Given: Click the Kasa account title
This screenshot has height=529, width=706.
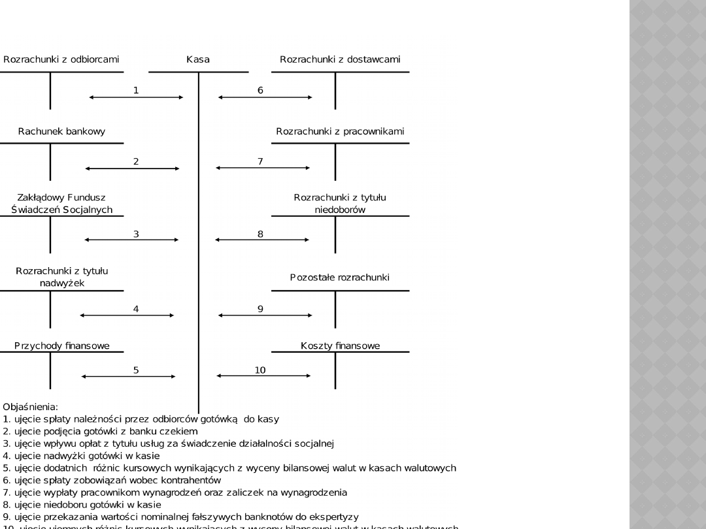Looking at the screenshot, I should coord(198,59).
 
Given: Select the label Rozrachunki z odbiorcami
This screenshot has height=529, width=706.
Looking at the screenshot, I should coord(61,59).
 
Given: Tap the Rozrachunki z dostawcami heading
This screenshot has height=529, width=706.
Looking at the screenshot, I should coord(340,59).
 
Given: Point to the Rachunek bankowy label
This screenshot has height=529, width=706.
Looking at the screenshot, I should coord(61,131).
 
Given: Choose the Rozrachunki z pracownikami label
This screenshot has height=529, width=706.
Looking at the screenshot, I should coord(340,131).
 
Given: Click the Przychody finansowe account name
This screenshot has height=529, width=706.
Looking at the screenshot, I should coord(62,345).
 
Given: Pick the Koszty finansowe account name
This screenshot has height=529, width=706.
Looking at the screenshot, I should coord(340,345).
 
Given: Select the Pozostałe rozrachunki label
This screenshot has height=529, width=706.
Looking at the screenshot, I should coord(340,278).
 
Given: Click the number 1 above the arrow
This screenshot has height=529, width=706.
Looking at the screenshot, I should coord(136,90).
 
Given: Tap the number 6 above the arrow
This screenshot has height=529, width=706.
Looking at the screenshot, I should coord(260,90).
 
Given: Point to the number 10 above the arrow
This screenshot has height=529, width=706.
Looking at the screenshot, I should coord(260,370).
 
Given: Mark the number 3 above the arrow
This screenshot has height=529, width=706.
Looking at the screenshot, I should coord(136,234).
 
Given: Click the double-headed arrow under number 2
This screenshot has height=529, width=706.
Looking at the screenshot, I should coord(132,168).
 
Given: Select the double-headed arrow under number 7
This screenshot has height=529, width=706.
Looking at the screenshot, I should coord(263,168).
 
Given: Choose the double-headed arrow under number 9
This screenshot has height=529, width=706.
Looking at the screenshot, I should coord(265,315).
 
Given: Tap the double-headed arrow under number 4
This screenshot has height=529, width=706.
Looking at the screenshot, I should coord(127,315).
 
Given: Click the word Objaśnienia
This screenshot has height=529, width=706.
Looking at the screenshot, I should coord(30,407).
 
